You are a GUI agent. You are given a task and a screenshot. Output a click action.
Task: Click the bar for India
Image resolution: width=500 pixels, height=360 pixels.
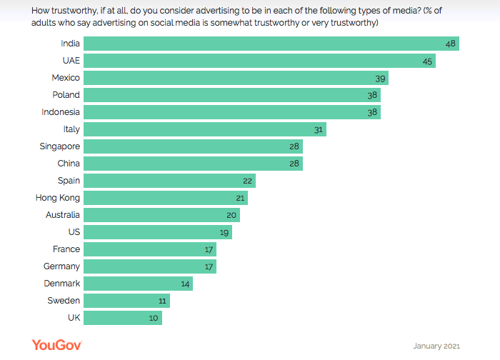pos(271,44)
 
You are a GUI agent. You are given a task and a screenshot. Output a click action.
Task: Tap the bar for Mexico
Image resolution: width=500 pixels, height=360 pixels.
pos(236,78)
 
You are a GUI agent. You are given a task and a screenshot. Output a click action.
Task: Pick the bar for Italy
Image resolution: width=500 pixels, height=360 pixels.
pos(205,129)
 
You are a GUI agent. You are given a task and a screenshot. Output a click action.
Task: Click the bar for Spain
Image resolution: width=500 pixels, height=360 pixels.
pos(170,181)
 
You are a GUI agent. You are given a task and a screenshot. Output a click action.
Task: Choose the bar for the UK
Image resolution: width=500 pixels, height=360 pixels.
pos(123,318)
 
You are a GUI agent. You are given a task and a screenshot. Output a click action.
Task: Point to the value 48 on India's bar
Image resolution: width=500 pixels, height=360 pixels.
pos(450,44)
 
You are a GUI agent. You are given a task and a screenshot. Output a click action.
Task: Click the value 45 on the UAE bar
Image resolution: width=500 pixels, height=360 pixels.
pos(427,61)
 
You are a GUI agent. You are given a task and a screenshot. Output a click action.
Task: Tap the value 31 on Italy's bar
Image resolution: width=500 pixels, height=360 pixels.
pos(319,129)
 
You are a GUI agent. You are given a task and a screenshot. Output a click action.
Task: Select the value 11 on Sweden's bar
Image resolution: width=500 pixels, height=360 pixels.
pos(162,301)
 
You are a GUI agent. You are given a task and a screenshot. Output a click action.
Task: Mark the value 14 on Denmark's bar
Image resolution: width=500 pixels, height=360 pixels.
pos(185,284)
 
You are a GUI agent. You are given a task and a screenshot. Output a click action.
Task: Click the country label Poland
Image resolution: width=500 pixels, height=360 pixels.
pos(66,95)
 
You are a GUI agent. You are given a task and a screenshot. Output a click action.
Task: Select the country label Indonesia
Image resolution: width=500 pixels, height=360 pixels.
pos(61,112)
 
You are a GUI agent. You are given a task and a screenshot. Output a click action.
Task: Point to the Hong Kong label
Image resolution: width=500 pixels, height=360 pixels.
pos(58,198)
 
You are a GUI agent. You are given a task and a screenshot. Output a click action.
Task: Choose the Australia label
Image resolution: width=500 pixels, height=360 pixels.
pos(61,215)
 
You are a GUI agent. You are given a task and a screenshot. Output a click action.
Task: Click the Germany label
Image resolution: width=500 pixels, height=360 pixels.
pos(61,266)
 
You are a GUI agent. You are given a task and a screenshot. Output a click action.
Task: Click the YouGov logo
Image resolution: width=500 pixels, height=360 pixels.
pos(56,345)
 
